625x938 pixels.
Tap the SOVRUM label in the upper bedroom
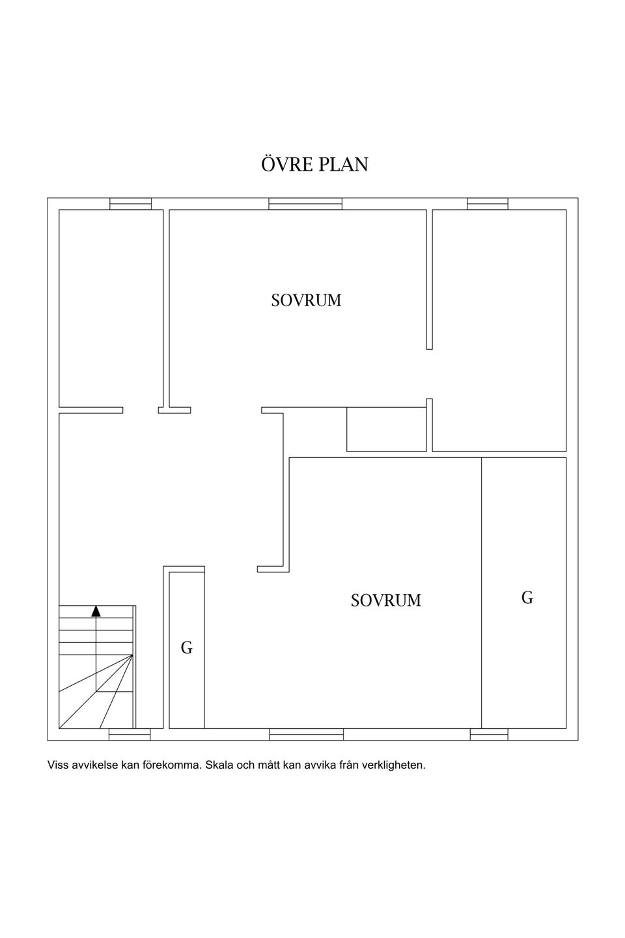pyautogui.click(x=306, y=301)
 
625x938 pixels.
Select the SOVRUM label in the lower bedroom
pyautogui.click(x=386, y=601)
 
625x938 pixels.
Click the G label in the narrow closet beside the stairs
pyautogui.click(x=187, y=647)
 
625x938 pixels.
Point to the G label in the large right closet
pyautogui.click(x=527, y=597)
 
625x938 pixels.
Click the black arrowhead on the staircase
pyautogui.click(x=96, y=611)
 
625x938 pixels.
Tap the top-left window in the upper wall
pyautogui.click(x=131, y=203)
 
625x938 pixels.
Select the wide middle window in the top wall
pyautogui.click(x=305, y=203)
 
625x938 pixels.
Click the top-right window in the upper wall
pyautogui.click(x=488, y=203)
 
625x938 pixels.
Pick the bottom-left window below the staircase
pyautogui.click(x=130, y=746)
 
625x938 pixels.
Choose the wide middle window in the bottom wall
pyautogui.click(x=307, y=746)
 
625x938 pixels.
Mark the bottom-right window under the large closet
pyautogui.click(x=489, y=746)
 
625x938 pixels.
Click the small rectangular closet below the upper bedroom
pyautogui.click(x=386, y=429)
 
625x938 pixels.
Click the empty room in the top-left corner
pyautogui.click(x=111, y=308)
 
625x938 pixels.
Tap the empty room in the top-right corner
pyautogui.click(x=499, y=330)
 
